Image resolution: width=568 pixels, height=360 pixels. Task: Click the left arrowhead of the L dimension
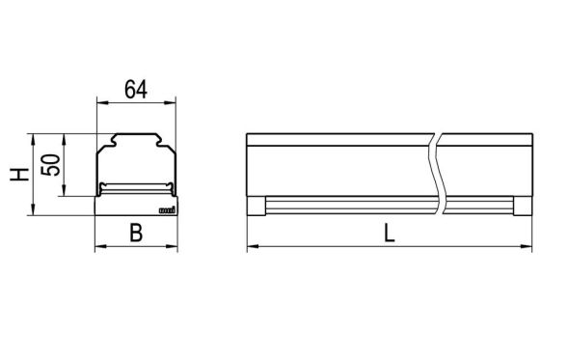coord(252,248)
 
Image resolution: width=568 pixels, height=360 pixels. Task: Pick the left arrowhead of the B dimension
coord(98,248)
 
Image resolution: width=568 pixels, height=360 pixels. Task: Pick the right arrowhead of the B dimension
coord(176,248)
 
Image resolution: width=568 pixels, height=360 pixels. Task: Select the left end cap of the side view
coord(256,205)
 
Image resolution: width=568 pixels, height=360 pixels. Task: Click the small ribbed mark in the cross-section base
coord(165,208)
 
